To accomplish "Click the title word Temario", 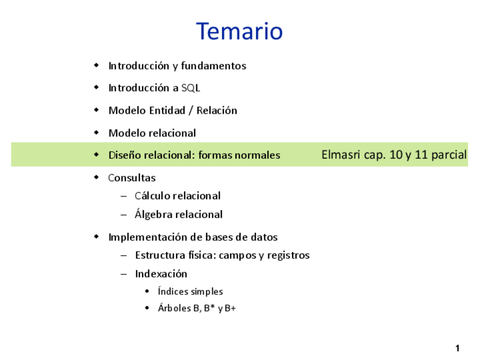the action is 239,31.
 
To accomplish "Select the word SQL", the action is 191,88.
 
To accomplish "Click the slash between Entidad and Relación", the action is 191,110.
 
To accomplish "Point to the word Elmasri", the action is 341,155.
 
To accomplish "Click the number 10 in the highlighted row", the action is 396,155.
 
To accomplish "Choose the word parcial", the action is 449,155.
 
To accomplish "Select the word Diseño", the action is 125,155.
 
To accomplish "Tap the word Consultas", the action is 132,178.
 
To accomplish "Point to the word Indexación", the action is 161,273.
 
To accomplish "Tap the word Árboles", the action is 174,308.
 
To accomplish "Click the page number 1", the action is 457,348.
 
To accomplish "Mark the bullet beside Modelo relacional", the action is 96,132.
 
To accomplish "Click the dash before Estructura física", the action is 123,255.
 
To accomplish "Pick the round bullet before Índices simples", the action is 147,291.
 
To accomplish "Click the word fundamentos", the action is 213,66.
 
